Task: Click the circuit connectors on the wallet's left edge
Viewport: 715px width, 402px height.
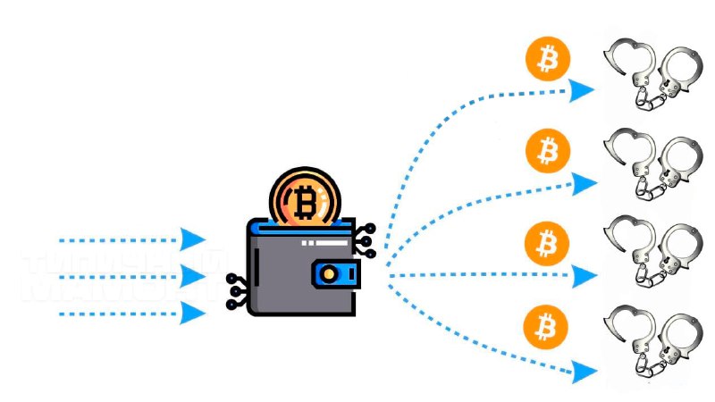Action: pyautogui.click(x=236, y=291)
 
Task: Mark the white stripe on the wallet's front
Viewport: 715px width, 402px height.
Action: pyautogui.click(x=319, y=242)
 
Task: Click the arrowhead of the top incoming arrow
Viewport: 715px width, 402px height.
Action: pyautogui.click(x=193, y=239)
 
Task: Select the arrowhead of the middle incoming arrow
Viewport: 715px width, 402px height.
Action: pyautogui.click(x=193, y=275)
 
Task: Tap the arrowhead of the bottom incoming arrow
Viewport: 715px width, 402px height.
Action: pyautogui.click(x=193, y=313)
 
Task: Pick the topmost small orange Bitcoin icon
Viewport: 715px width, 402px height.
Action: pyautogui.click(x=547, y=59)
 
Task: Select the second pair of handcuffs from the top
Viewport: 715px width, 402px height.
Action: pyautogui.click(x=650, y=166)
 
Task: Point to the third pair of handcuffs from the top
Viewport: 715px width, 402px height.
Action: pyautogui.click(x=650, y=255)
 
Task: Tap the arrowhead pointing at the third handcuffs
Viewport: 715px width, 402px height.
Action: pyautogui.click(x=585, y=276)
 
